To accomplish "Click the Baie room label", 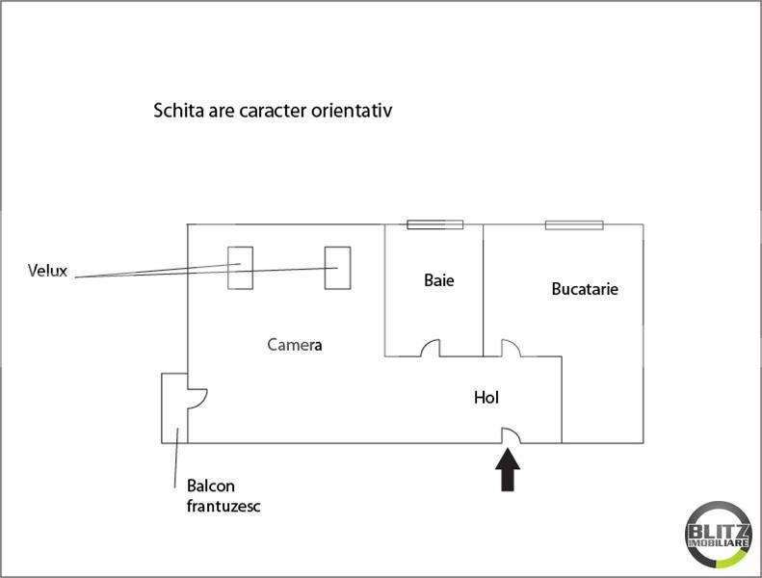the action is [439, 280].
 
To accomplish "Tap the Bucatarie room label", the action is [585, 289].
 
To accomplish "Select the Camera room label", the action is [295, 345].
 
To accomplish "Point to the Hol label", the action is [486, 397].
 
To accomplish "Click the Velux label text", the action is [47, 271].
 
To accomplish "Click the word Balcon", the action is [210, 486].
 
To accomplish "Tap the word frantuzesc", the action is [223, 506].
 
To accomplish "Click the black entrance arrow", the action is [508, 469].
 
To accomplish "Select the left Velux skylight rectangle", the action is [240, 268].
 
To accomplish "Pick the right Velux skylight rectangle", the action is [337, 268].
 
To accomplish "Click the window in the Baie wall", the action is [434, 224].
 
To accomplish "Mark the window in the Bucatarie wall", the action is [574, 225].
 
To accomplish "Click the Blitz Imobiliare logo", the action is [718, 535].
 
